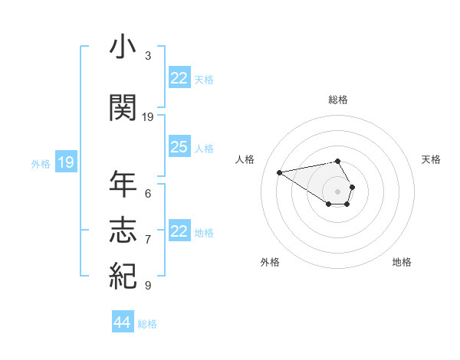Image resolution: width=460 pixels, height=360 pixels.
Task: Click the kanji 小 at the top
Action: point(123,48)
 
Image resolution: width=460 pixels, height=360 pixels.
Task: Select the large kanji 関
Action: point(123,108)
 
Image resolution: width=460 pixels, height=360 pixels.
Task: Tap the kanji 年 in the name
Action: point(123,185)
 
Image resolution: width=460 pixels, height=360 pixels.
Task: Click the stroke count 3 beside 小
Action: point(148,55)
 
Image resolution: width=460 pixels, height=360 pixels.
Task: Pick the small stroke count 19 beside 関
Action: point(148,116)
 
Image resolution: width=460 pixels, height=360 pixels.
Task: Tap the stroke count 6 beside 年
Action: point(148,193)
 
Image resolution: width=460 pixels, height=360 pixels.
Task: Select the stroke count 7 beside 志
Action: point(148,239)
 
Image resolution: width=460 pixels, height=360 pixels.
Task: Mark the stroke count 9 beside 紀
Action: point(148,285)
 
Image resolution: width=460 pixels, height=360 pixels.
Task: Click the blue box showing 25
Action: point(179,147)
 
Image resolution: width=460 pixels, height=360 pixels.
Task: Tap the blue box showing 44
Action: point(122,322)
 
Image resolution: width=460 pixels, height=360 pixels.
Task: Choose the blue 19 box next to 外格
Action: point(66,162)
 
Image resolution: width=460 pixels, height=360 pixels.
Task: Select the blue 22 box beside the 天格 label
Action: point(179,78)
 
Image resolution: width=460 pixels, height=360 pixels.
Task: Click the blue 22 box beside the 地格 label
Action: point(179,231)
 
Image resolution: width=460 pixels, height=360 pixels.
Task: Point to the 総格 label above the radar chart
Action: point(338,100)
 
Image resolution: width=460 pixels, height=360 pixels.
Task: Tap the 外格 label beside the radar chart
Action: point(270,262)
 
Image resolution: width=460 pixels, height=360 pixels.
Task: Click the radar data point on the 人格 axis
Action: point(280,172)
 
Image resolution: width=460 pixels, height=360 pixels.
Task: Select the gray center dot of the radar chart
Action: point(338,191)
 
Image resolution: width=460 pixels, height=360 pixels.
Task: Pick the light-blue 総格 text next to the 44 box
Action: point(147,324)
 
